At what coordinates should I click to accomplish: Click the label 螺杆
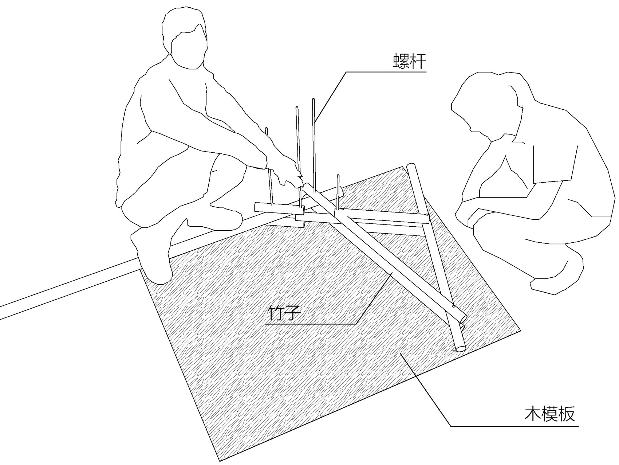click(409, 61)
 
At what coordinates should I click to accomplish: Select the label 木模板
click(549, 414)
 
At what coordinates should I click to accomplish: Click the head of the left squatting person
click(185, 38)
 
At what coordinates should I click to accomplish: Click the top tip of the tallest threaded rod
click(313, 99)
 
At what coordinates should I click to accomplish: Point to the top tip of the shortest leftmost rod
click(267, 129)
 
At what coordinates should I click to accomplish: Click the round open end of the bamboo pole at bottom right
click(460, 348)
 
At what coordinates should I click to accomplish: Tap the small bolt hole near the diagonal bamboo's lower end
click(453, 306)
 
